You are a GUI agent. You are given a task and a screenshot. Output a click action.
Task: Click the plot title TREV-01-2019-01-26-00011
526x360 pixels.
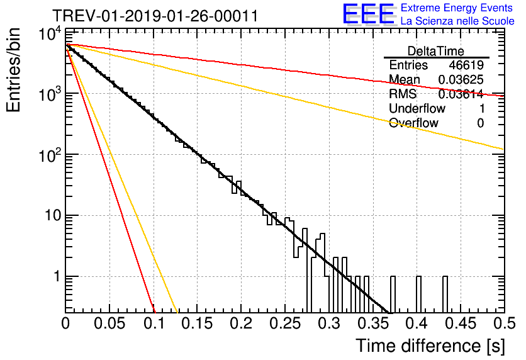(x=155, y=16)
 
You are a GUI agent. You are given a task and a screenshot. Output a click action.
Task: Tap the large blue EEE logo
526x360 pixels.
(x=368, y=14)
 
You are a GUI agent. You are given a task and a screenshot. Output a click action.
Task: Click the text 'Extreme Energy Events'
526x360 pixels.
(x=457, y=8)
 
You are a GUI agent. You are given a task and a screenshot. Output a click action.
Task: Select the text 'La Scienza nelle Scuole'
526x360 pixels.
(x=457, y=21)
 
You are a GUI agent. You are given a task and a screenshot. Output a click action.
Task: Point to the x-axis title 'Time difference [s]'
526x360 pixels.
(x=429, y=346)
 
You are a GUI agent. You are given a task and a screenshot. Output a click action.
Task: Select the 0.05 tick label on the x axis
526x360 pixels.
(x=110, y=323)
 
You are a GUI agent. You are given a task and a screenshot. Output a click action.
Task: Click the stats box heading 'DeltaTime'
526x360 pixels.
(x=436, y=50)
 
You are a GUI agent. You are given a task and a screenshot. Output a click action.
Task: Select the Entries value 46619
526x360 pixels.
(x=466, y=65)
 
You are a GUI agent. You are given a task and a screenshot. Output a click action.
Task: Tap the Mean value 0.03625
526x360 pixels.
(x=461, y=79)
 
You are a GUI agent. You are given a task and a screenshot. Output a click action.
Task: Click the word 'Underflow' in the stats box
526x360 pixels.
(x=417, y=108)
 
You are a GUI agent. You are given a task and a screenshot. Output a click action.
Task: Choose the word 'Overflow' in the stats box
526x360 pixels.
(x=413, y=123)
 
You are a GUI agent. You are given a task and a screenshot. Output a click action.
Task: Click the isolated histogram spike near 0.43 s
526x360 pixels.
(x=445, y=293)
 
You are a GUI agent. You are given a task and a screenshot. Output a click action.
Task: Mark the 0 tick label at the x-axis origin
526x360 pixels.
(x=66, y=323)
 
